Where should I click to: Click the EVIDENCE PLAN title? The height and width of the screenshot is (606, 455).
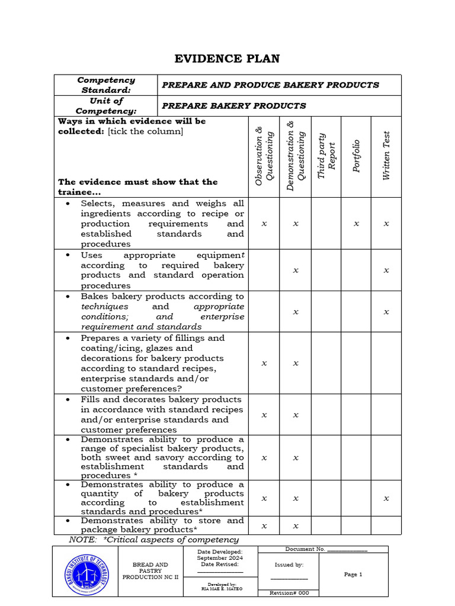tap(226, 58)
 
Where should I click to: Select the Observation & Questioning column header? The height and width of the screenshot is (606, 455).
tap(264, 157)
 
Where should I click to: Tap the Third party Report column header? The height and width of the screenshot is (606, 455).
tap(326, 156)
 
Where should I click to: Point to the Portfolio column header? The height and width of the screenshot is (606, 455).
tap(356, 156)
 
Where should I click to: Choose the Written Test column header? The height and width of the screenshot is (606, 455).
tap(386, 156)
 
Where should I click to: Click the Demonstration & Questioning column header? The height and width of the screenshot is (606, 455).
tap(295, 156)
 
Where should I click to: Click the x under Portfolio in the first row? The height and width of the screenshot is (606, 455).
tap(356, 224)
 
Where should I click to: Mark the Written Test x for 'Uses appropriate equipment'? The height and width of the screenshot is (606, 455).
tap(386, 270)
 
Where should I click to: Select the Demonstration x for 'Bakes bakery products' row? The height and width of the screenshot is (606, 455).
tap(295, 312)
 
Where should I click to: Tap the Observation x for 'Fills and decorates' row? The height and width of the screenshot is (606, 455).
tap(264, 415)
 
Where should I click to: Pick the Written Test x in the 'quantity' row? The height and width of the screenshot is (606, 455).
tap(386, 498)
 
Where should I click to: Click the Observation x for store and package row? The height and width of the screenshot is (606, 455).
tap(264, 526)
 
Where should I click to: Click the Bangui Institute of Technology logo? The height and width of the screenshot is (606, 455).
tap(86, 573)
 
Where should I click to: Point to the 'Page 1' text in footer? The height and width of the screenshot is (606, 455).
tap(353, 574)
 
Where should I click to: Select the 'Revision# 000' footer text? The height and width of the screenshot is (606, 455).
tap(289, 593)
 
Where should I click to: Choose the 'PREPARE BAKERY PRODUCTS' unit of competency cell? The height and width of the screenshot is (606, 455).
tap(234, 106)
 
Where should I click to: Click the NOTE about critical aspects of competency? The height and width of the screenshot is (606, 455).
tap(154, 540)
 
